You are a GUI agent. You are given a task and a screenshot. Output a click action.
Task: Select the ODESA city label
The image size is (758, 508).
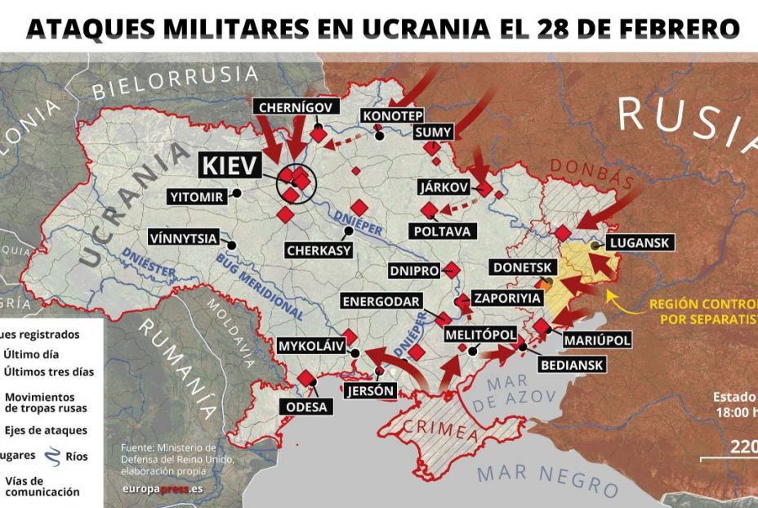[307, 407]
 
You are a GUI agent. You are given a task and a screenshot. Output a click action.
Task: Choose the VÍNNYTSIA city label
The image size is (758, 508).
[185, 238]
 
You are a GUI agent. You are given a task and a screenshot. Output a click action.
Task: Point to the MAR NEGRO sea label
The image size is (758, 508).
[547, 479]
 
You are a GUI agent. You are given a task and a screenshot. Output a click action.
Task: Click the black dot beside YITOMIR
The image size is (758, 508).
[236, 193]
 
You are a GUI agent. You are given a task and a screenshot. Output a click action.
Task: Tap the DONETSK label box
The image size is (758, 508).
[523, 267]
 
